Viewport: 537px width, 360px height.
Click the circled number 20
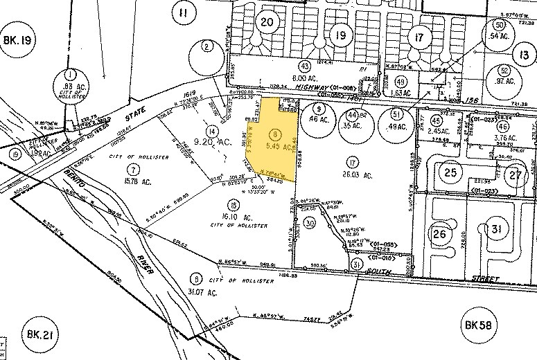tap(267, 22)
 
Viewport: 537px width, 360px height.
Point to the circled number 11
tap(183, 12)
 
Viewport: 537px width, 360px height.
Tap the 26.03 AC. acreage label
tap(354, 177)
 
